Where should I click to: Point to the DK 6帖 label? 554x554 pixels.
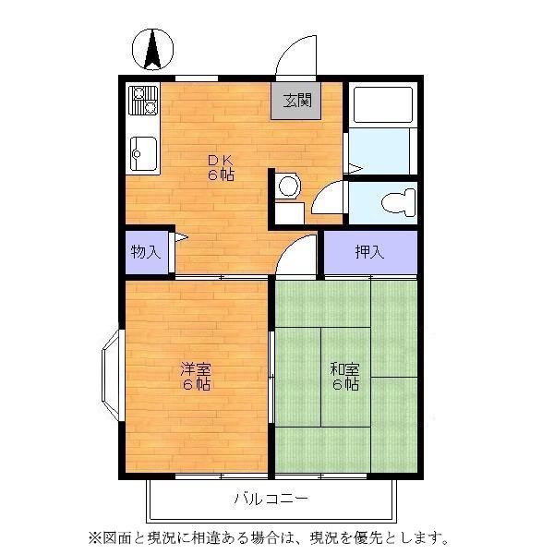220,165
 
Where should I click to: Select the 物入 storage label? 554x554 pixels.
146,251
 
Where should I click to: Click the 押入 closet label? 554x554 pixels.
370,252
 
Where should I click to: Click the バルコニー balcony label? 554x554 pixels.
271,500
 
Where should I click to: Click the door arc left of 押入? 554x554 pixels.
297,254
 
